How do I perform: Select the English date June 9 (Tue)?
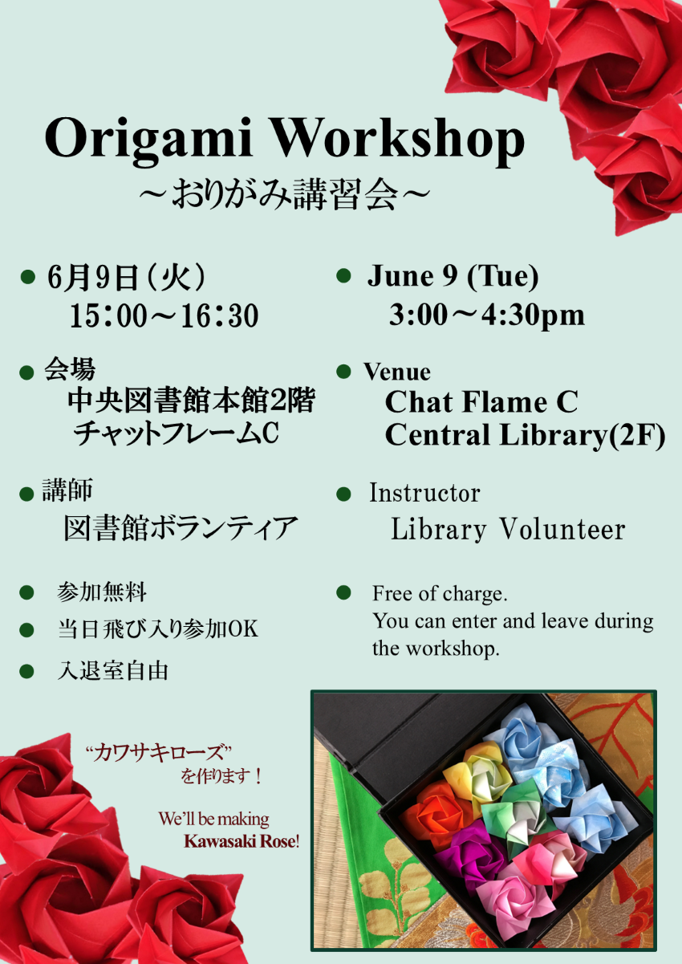(453, 277)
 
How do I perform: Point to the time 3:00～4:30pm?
(486, 315)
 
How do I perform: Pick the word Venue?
(397, 372)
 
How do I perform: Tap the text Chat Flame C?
(481, 401)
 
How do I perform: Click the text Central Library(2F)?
(525, 435)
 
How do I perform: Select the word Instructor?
(424, 492)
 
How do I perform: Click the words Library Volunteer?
(507, 530)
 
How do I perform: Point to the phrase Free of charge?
(440, 594)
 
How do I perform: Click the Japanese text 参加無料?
(102, 593)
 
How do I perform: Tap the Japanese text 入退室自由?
(112, 670)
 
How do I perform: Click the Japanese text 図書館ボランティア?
(181, 529)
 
